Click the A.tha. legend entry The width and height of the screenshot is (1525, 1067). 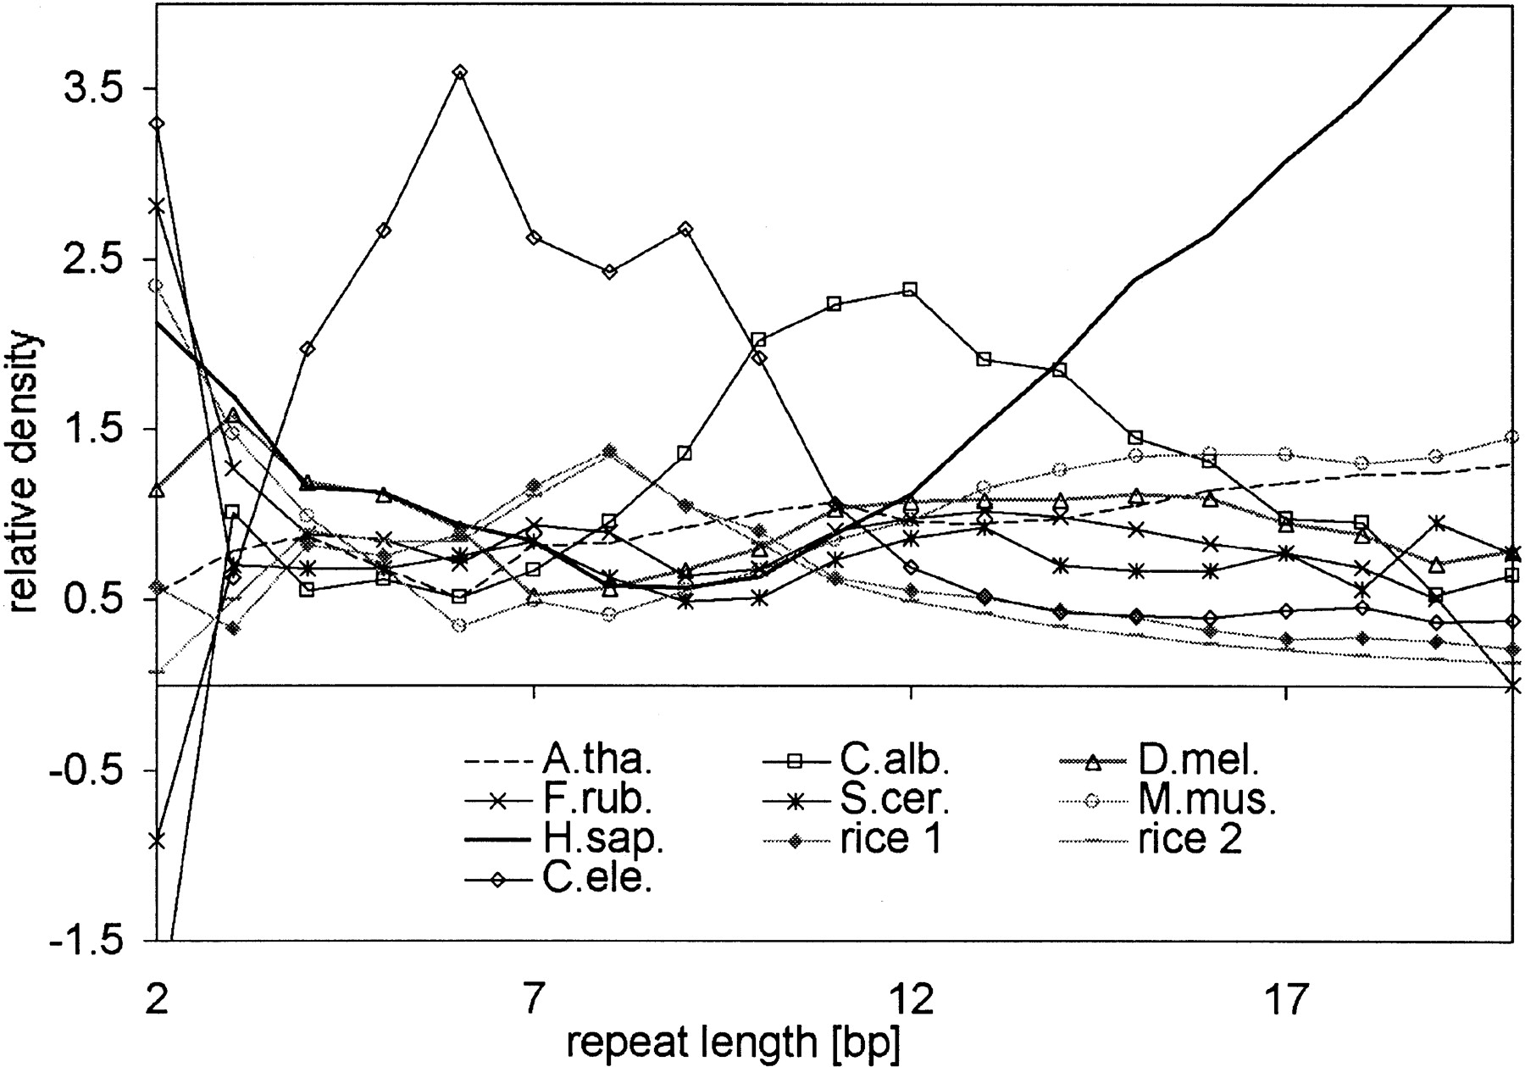click(x=558, y=760)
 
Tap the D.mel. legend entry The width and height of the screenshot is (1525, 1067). click(x=1160, y=760)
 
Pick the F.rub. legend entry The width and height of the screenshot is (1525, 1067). click(x=559, y=799)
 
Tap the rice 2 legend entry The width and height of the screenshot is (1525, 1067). click(x=1152, y=839)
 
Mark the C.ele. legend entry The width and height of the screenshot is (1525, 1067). click(x=558, y=880)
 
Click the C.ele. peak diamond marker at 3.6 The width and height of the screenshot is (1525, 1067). click(x=459, y=72)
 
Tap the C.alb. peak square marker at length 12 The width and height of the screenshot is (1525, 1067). click(x=910, y=290)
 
